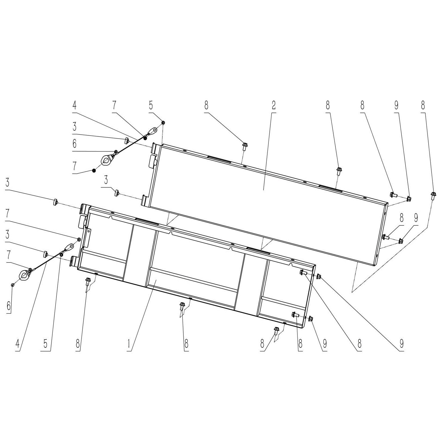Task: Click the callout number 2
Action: [x=273, y=105]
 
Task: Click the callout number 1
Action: [x=129, y=344]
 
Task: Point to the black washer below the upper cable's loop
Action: [x=94, y=171]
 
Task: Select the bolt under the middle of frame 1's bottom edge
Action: [x=182, y=305]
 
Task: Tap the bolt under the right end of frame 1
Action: [x=276, y=330]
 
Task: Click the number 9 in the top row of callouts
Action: [x=396, y=105]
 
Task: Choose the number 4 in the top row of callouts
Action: [x=74, y=105]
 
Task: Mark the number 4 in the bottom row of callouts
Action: [x=18, y=344]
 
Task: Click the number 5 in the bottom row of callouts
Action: [x=45, y=344]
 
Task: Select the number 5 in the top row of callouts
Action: [x=151, y=105]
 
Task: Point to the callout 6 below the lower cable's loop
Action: [x=9, y=306]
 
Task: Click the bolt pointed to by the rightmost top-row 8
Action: [x=433, y=195]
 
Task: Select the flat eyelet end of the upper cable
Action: [x=153, y=131]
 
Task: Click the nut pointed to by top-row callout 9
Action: [x=409, y=198]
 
